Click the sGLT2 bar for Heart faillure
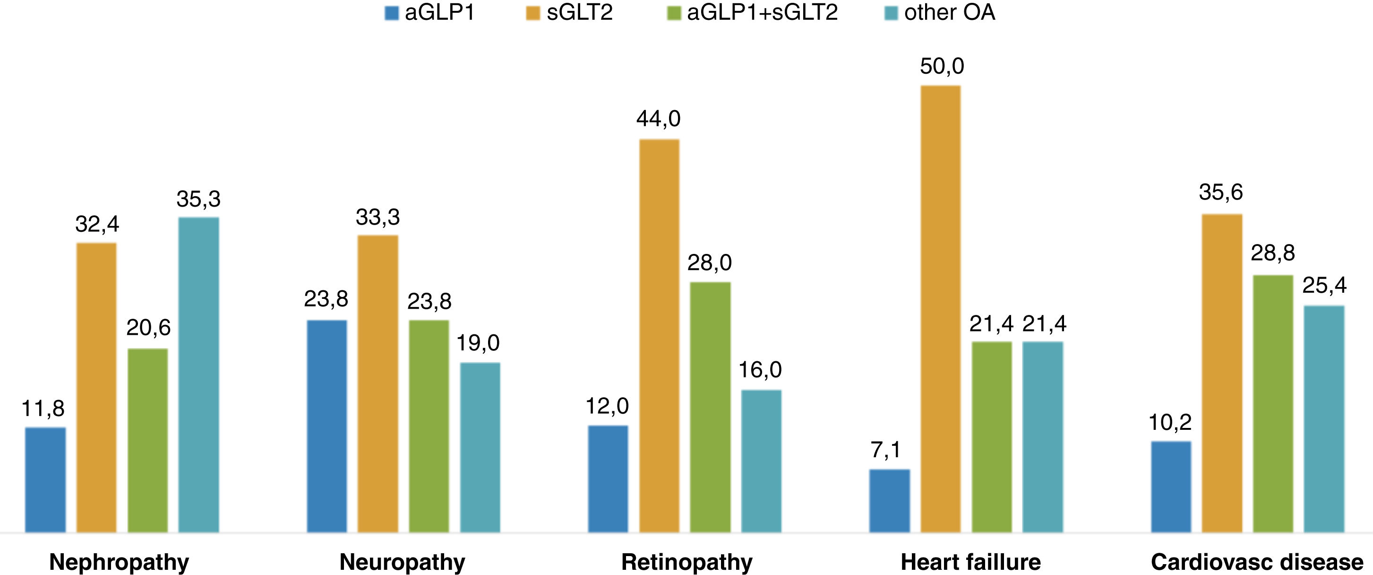(x=940, y=309)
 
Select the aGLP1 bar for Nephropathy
(x=45, y=480)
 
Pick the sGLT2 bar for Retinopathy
(x=659, y=336)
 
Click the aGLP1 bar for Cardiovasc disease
(x=1171, y=487)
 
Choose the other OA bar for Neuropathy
(x=480, y=448)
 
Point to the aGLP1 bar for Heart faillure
(x=890, y=501)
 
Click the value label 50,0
(x=942, y=66)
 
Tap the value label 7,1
(x=886, y=450)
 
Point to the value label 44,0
(x=658, y=118)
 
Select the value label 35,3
(x=198, y=199)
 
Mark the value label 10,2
(x=1170, y=422)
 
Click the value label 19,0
(x=478, y=343)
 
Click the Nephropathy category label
(x=119, y=562)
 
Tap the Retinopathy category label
(x=686, y=562)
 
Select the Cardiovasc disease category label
(x=1257, y=562)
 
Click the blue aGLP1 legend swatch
(x=392, y=13)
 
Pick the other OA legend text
(x=950, y=12)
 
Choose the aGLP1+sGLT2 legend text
(x=762, y=12)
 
